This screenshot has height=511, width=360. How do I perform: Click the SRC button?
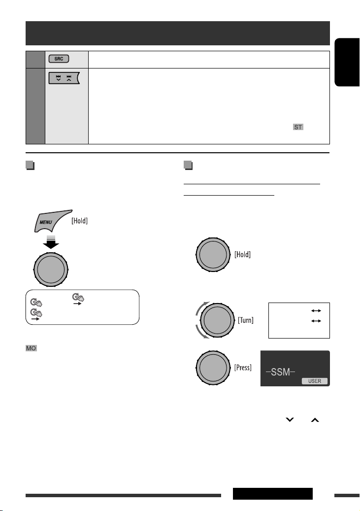(x=59, y=59)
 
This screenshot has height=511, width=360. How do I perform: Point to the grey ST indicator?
(x=298, y=127)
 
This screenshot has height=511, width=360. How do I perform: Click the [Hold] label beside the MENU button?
(x=79, y=221)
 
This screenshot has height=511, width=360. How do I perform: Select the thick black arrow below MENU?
(x=51, y=242)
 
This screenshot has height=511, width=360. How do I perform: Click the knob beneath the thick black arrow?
(x=51, y=270)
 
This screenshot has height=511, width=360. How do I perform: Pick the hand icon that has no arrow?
(x=36, y=303)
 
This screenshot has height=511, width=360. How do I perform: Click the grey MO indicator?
(x=32, y=348)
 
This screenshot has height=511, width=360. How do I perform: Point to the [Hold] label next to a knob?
(x=242, y=255)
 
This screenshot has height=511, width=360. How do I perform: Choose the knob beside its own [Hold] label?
(x=213, y=255)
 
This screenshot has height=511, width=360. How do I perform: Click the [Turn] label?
(x=246, y=320)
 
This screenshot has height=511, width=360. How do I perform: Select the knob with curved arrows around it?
(x=217, y=320)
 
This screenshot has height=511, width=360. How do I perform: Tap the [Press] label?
(x=243, y=368)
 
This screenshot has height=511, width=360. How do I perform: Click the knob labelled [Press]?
(x=213, y=368)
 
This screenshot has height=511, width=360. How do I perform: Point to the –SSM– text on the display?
(x=281, y=372)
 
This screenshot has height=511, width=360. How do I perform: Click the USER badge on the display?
(x=314, y=381)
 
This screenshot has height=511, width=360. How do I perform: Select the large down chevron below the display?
(x=290, y=420)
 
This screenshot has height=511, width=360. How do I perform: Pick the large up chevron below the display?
(x=315, y=420)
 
